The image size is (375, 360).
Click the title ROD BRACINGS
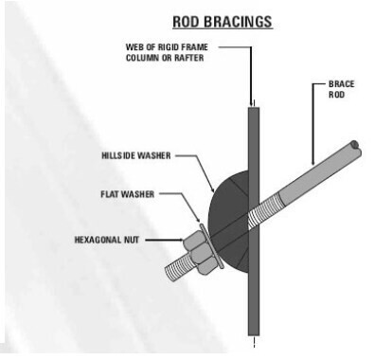(223, 20)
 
